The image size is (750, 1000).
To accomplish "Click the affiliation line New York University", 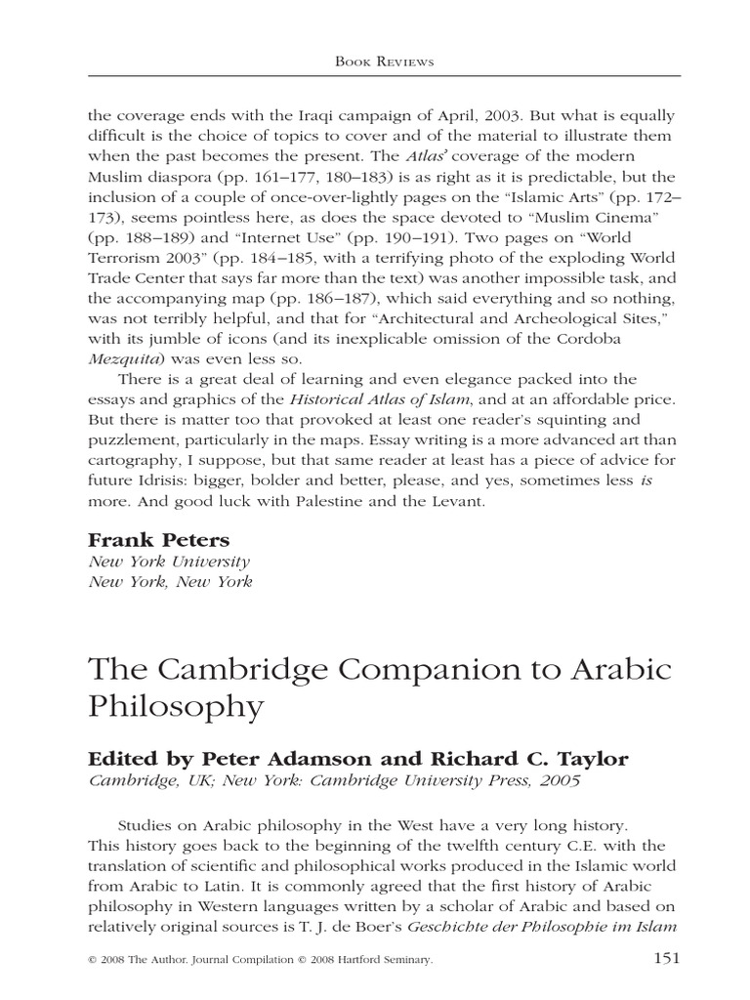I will click(170, 562).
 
